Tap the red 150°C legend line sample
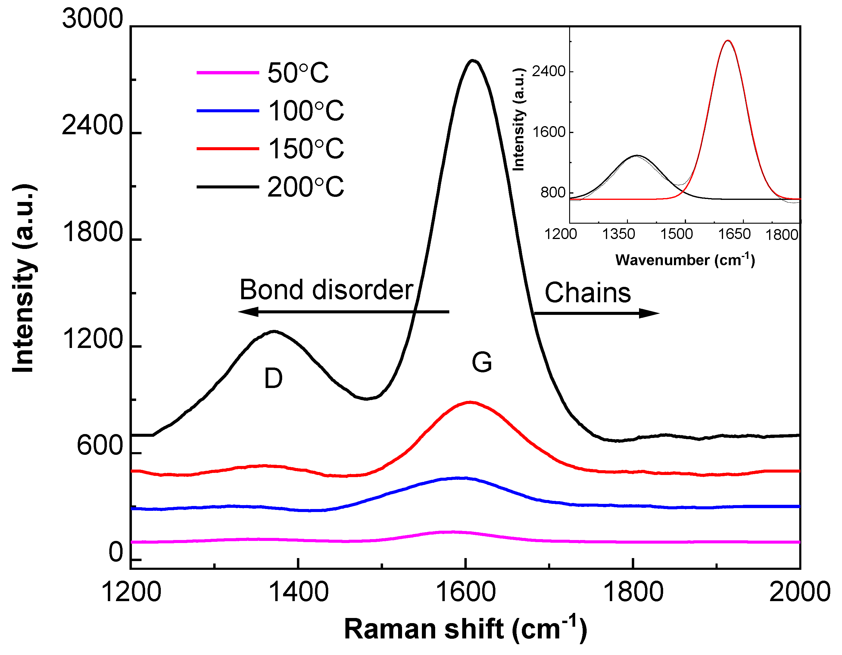227,148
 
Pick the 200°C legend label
305,187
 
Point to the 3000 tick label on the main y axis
92,18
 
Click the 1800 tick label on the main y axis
92,232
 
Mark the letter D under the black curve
273,378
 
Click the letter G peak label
482,362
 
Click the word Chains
588,293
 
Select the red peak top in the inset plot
728,40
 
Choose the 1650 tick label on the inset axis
734,234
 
